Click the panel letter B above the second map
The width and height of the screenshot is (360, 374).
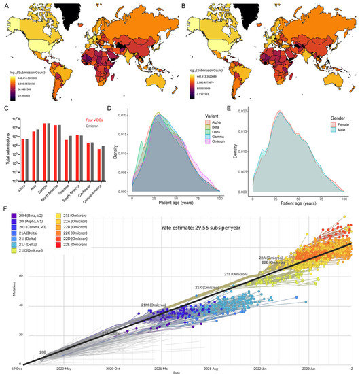point(187,5)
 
